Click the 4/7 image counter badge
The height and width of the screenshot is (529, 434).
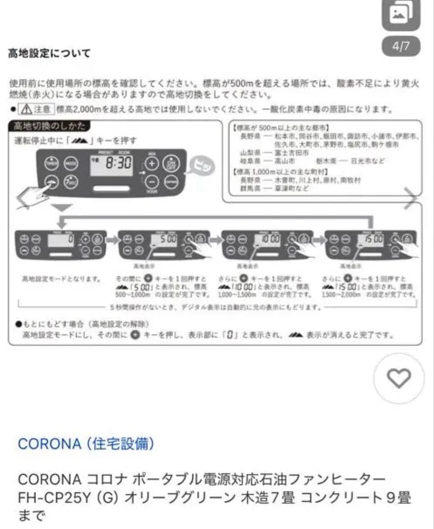click(x=401, y=47)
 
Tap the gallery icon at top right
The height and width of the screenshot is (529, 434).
click(x=401, y=15)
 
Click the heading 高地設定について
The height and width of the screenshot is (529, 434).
click(x=49, y=53)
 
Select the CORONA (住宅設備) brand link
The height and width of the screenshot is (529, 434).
click(x=86, y=444)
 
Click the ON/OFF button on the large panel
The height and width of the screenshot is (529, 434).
click(x=170, y=164)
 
